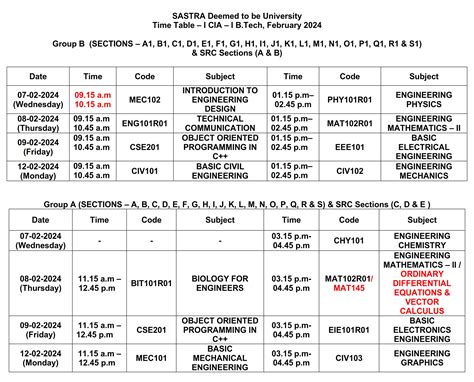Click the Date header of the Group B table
coord(37,76)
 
